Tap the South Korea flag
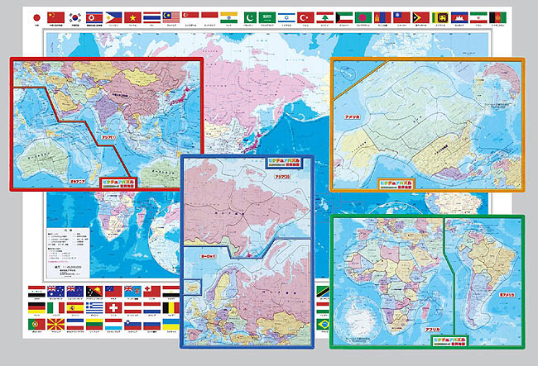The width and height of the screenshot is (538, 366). pyautogui.click(x=75, y=17)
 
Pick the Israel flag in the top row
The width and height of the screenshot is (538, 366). pyautogui.click(x=285, y=17)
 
